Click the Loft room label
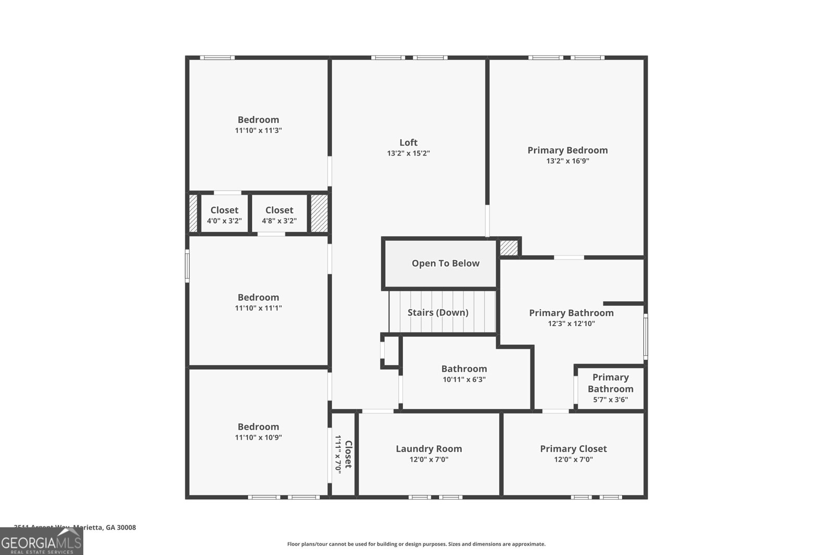click(x=408, y=143)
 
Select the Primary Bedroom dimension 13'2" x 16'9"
click(x=567, y=161)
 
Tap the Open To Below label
click(x=445, y=263)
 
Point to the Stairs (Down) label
click(x=438, y=313)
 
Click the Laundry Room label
click(x=428, y=449)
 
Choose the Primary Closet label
click(x=573, y=449)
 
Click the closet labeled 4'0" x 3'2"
click(x=224, y=215)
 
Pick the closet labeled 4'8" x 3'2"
click(x=279, y=215)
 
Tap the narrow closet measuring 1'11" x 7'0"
click(x=344, y=454)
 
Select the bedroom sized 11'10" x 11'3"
click(x=258, y=125)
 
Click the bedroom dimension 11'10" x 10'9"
click(x=258, y=437)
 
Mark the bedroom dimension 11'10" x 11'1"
click(x=258, y=308)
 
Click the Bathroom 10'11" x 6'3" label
click(x=464, y=373)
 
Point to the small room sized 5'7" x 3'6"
click(x=610, y=388)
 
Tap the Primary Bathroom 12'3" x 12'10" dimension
click(x=571, y=324)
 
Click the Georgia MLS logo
click(x=41, y=542)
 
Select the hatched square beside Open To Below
click(x=509, y=248)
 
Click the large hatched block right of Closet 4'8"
click(x=319, y=214)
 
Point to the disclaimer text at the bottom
click(x=416, y=544)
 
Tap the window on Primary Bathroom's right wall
click(x=646, y=337)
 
